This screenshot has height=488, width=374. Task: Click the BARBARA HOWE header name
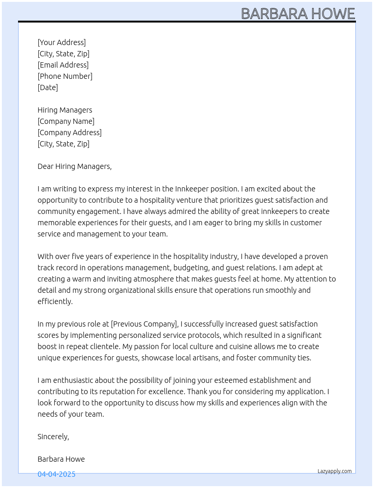click(298, 14)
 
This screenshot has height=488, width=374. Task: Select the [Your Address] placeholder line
click(62, 42)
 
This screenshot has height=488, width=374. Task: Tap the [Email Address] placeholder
click(63, 65)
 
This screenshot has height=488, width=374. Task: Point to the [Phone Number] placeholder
click(65, 76)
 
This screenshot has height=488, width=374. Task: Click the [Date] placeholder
click(48, 87)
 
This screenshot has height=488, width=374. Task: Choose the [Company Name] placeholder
click(66, 121)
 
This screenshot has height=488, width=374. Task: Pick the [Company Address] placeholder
click(69, 133)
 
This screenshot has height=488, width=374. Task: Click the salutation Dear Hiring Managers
click(74, 166)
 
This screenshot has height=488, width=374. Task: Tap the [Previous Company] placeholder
click(144, 324)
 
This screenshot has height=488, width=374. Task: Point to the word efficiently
click(55, 301)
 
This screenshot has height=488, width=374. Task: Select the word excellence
click(166, 392)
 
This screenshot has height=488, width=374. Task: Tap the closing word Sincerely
click(53, 437)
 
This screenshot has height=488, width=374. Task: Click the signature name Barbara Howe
click(61, 459)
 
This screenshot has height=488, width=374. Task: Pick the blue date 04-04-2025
click(56, 474)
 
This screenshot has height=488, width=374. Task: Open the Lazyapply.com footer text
click(335, 471)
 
